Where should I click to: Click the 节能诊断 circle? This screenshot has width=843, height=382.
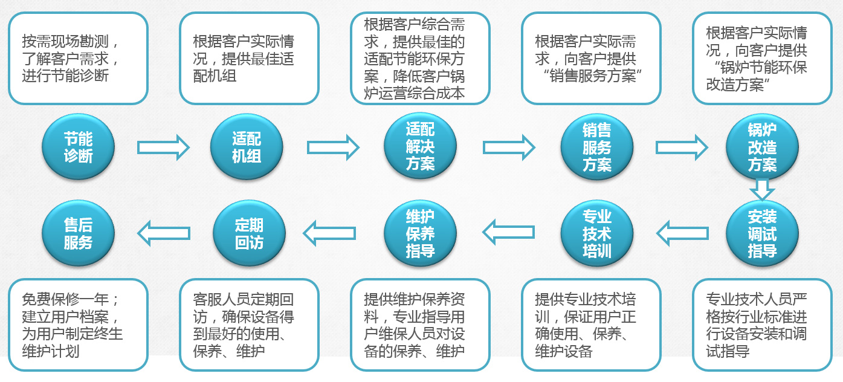pyautogui.click(x=79, y=147)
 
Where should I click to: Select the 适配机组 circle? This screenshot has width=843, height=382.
pyautogui.click(x=247, y=147)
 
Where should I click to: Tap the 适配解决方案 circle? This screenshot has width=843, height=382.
pyautogui.click(x=420, y=146)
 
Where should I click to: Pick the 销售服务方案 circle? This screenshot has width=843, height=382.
pyautogui.click(x=597, y=147)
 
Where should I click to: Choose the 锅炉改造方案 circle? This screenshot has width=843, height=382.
pyautogui.click(x=762, y=147)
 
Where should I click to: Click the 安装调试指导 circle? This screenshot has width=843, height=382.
pyautogui.click(x=762, y=233)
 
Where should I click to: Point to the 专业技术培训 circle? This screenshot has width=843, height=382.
pyautogui.click(x=597, y=233)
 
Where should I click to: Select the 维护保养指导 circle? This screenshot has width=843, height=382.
pyautogui.click(x=420, y=233)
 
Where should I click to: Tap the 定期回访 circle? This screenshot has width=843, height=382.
pyautogui.click(x=249, y=233)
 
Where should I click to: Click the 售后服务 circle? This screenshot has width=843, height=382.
pyautogui.click(x=79, y=233)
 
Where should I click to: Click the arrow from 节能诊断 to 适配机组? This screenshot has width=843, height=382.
pyautogui.click(x=163, y=147)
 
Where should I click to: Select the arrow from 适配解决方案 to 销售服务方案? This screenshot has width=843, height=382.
pyautogui.click(x=509, y=147)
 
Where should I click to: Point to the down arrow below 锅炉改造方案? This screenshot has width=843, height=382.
pyautogui.click(x=762, y=189)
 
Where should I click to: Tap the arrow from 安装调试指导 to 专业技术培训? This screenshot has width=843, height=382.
pyautogui.click(x=682, y=233)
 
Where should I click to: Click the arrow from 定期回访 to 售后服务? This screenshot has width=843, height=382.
pyautogui.click(x=164, y=233)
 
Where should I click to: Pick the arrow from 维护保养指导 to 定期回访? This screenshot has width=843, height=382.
pyautogui.click(x=329, y=233)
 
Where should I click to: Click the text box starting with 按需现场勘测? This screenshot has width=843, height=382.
pyautogui.click(x=79, y=59)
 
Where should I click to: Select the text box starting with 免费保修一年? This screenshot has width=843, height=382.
pyautogui.click(x=79, y=325)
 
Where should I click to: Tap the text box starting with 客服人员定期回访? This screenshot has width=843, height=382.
pyautogui.click(x=249, y=325)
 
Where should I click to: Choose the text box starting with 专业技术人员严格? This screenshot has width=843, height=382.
pyautogui.click(x=762, y=325)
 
